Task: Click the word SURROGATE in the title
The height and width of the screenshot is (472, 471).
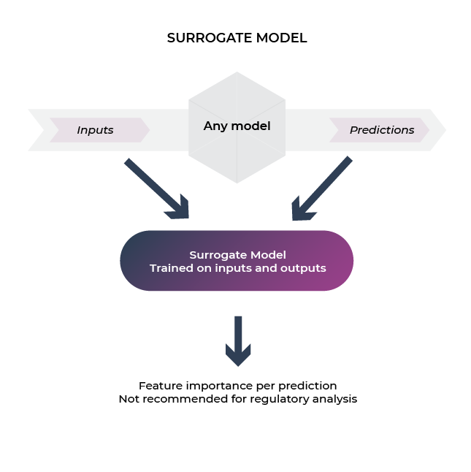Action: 210,38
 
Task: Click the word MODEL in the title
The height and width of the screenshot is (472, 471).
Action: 282,38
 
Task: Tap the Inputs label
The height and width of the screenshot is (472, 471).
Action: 95,130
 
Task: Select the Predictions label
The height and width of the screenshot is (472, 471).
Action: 382,130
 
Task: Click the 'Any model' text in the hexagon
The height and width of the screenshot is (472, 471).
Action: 237,126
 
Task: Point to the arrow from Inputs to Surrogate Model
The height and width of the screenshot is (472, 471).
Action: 156,188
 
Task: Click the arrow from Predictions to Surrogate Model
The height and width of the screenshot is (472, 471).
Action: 322,188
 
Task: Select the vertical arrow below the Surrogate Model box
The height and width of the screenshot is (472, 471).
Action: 238,341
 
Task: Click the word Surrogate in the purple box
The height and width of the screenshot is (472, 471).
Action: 218,255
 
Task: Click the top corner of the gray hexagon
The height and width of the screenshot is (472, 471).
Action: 237,72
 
